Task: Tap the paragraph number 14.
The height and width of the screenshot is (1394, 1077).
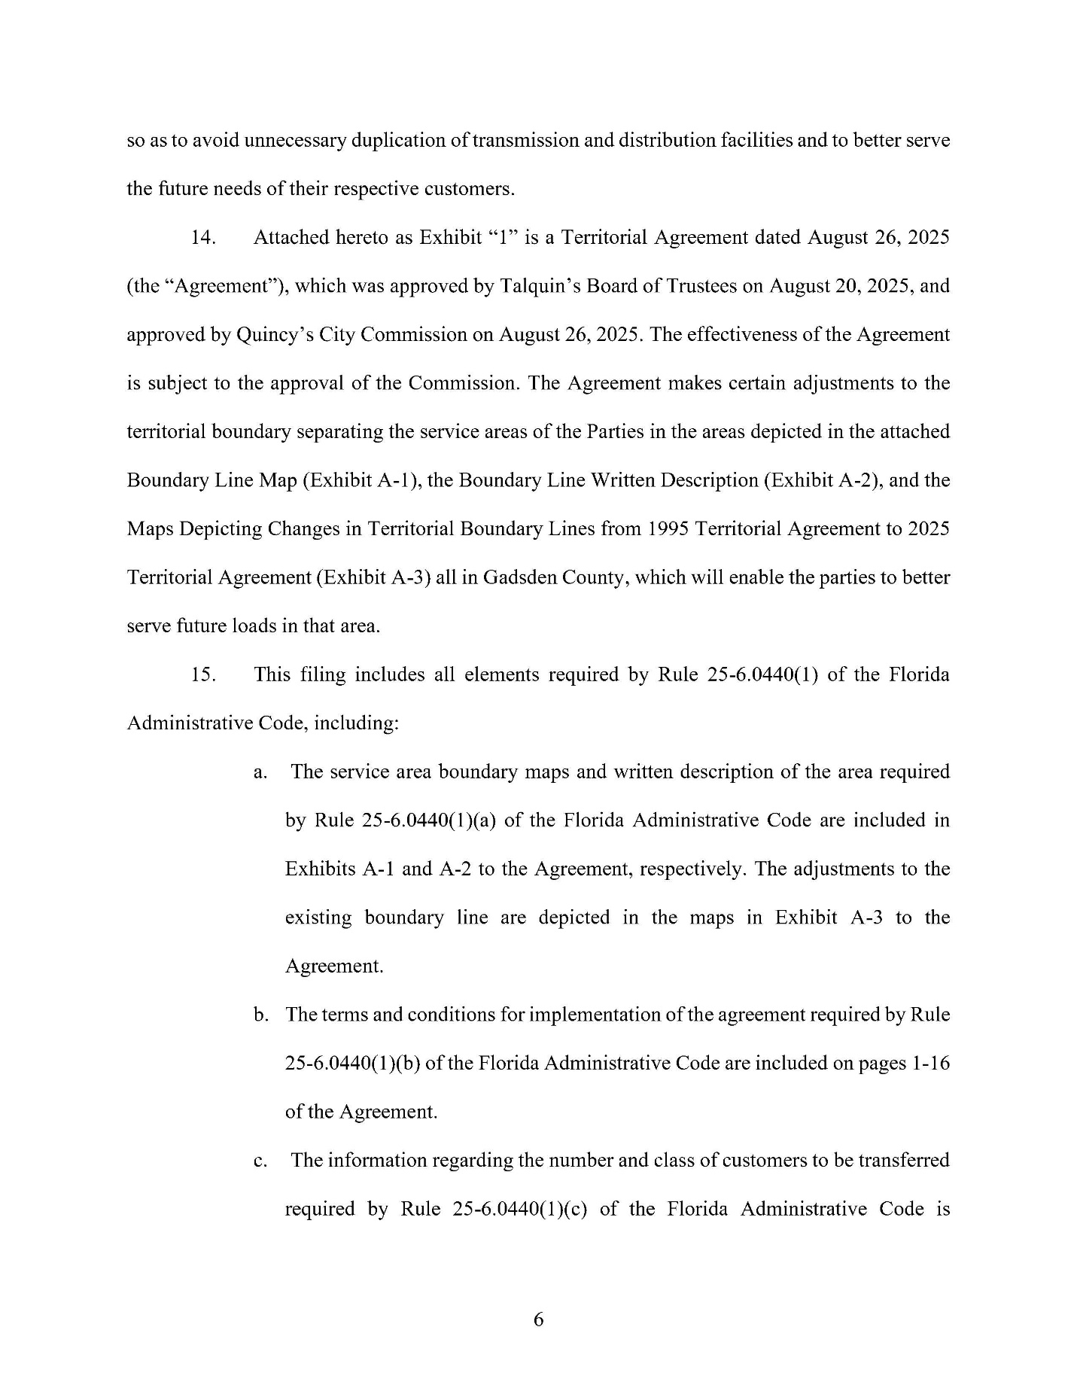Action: (203, 238)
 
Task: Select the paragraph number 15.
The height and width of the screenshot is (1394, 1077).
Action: (203, 674)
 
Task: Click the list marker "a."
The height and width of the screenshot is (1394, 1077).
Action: (260, 772)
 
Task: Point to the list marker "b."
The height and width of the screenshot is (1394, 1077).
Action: (260, 1015)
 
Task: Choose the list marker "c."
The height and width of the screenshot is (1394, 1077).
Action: (260, 1161)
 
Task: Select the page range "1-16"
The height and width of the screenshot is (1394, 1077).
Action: (930, 1064)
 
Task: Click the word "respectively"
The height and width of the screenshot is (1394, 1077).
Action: (692, 869)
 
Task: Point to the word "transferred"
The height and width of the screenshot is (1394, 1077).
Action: (903, 1161)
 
